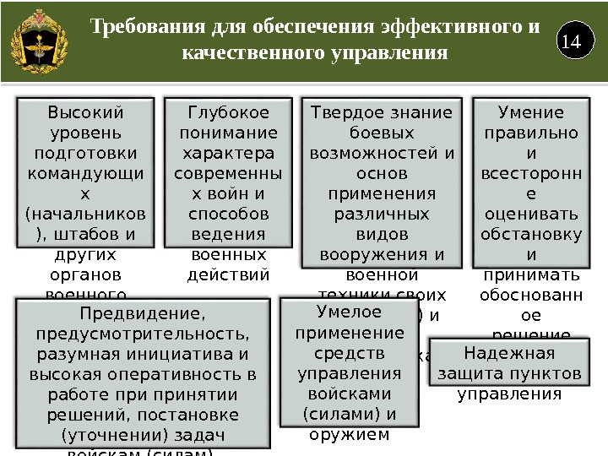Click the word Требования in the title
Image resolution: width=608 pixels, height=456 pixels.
(144, 27)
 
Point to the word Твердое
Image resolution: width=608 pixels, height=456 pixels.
(345, 113)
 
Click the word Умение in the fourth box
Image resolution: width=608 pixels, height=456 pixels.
(530, 113)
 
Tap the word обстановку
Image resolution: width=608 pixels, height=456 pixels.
(530, 234)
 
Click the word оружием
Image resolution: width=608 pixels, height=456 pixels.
(349, 435)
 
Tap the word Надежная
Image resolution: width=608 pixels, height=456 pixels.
(509, 354)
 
